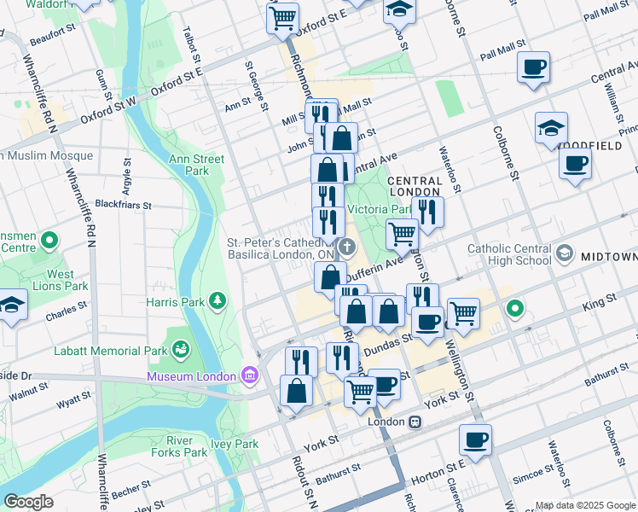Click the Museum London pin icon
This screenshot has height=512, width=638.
point(249,375)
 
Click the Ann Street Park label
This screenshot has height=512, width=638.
point(196,165)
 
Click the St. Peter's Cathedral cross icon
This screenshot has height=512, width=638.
point(346,247)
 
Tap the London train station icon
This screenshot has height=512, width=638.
point(415,422)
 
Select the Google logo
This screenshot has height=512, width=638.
point(28,501)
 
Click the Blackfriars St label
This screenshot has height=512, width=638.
point(123,206)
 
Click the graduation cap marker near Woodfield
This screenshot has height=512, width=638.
point(552,128)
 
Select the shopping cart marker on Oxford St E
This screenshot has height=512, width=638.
point(282,17)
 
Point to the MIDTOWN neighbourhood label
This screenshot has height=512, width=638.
point(609,257)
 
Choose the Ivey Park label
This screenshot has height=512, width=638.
point(235,444)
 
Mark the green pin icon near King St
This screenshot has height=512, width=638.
point(514,308)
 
